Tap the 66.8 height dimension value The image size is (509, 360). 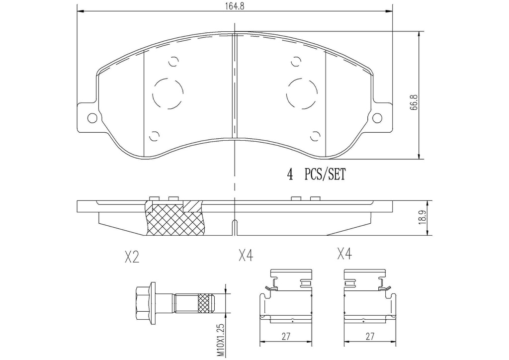pos(414,102)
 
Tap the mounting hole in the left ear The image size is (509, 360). pos(92,118)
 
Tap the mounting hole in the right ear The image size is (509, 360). pos(377,118)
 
